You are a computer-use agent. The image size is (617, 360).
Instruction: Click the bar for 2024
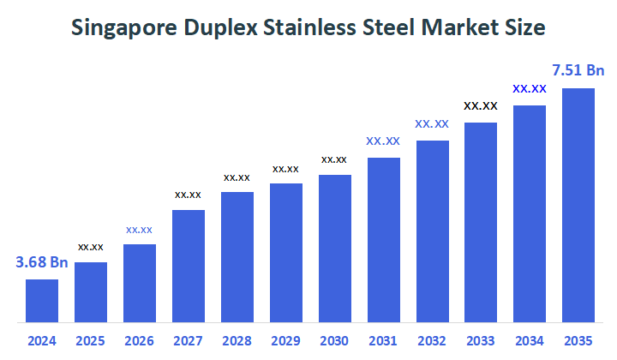[42, 301]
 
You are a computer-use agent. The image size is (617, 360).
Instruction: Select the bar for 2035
[578, 205]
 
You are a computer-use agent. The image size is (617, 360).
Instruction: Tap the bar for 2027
[189, 266]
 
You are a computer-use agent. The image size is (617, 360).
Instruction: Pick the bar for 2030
[335, 249]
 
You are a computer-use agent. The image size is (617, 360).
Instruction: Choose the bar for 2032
[433, 231]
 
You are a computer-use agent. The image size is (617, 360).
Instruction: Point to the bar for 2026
[140, 283]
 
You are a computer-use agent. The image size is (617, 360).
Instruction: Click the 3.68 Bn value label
[42, 262]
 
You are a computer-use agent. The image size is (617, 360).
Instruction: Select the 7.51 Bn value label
[579, 70]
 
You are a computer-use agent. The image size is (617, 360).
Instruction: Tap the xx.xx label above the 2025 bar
[91, 247]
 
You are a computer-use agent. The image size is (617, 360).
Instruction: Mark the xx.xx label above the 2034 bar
[530, 88]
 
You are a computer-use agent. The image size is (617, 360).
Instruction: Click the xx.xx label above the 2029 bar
[286, 169]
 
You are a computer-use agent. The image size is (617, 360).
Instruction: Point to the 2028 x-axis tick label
[237, 341]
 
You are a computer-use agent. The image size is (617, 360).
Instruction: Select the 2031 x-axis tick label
[384, 341]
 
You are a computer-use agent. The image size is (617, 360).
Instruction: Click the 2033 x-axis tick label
[482, 341]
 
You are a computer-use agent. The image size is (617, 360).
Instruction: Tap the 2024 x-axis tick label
[42, 341]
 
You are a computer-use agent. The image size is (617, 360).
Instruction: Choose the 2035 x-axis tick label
[579, 341]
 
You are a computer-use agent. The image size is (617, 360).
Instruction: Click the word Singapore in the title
[124, 28]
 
